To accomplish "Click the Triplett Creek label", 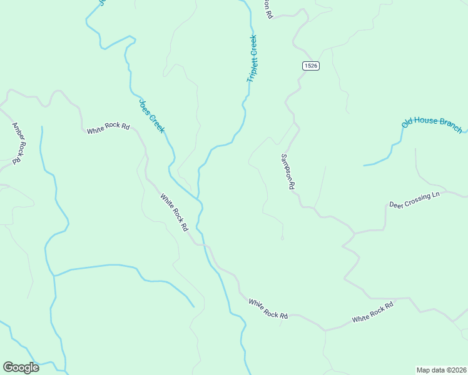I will click(253, 59).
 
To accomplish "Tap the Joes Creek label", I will click(151, 116).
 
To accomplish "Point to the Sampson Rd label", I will click(288, 171).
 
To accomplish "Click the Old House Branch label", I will click(431, 122).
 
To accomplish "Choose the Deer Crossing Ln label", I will click(414, 200).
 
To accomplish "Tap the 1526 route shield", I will click(311, 66).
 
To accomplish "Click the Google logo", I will click(21, 367).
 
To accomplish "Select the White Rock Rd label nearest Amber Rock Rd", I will click(108, 128).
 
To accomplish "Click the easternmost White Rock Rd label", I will click(372, 313).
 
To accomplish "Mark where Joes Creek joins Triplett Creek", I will click(199, 200).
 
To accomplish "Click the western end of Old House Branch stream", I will click(364, 166).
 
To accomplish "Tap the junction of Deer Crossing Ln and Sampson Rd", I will click(355, 234).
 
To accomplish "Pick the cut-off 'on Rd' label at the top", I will click(269, 8).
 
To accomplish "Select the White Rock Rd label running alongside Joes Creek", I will click(174, 212).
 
